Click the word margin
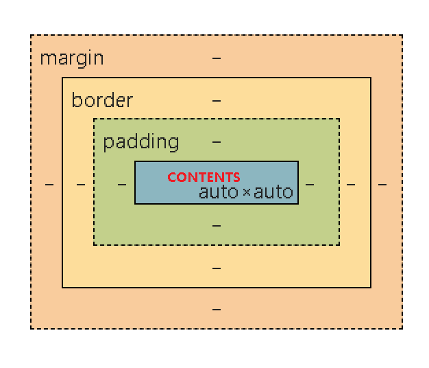point(72,58)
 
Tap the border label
point(102,100)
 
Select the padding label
point(140,143)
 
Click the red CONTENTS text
point(204,177)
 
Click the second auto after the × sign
point(273,192)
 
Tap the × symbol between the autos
point(246,193)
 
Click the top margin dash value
point(217,58)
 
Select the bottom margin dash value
point(217,310)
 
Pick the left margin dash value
point(49,185)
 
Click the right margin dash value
point(382,185)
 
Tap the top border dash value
point(217,101)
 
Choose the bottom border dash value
point(217,268)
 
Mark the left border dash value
point(81,185)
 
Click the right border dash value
point(351,185)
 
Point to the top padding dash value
point(217,143)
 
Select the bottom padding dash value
point(217,225)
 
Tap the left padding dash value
point(122,185)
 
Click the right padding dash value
point(310,185)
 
